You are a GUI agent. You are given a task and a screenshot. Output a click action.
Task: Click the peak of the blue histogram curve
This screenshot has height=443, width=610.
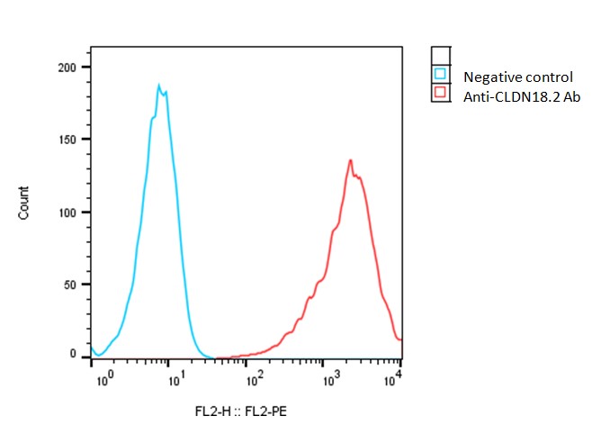click(159, 86)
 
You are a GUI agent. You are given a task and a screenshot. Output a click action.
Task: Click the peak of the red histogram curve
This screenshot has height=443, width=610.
click(350, 160)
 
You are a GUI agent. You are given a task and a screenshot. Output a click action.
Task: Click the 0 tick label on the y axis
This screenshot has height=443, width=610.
click(75, 355)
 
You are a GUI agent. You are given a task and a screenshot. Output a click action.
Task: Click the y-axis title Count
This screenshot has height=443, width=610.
click(24, 203)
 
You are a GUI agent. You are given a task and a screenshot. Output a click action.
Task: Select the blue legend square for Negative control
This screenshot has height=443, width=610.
click(440, 74)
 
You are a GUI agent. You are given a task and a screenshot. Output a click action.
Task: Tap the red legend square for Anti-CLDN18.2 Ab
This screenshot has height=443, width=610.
click(440, 92)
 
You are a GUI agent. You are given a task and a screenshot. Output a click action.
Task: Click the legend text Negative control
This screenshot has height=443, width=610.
click(517, 77)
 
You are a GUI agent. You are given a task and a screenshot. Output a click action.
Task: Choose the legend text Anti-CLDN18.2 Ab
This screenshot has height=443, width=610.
click(521, 95)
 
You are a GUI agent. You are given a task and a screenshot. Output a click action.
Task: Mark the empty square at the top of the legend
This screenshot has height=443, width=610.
click(440, 56)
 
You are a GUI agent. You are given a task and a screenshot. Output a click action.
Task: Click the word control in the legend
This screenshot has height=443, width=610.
click(549, 77)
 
